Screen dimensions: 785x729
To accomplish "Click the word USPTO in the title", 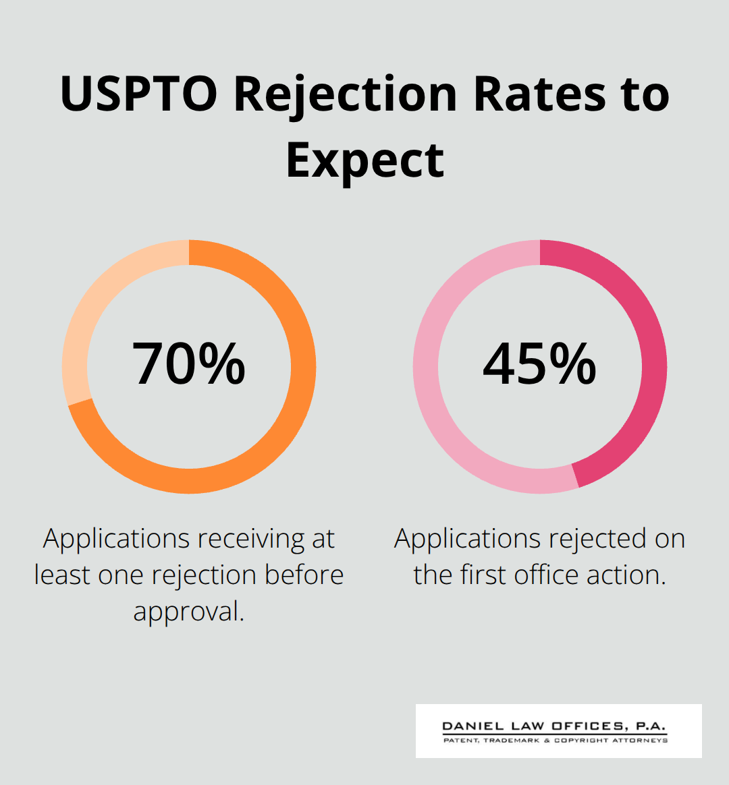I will [138, 94].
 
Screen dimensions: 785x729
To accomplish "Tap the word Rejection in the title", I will [345, 94].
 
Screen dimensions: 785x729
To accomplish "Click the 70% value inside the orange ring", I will [189, 364].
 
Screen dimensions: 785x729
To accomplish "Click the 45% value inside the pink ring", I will [539, 364].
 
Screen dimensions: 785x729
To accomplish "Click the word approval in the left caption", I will [188, 612].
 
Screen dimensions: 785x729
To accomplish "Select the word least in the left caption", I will [62, 575].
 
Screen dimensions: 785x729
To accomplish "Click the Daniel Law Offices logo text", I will [554, 726].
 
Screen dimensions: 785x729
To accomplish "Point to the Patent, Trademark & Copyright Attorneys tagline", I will [556, 740].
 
